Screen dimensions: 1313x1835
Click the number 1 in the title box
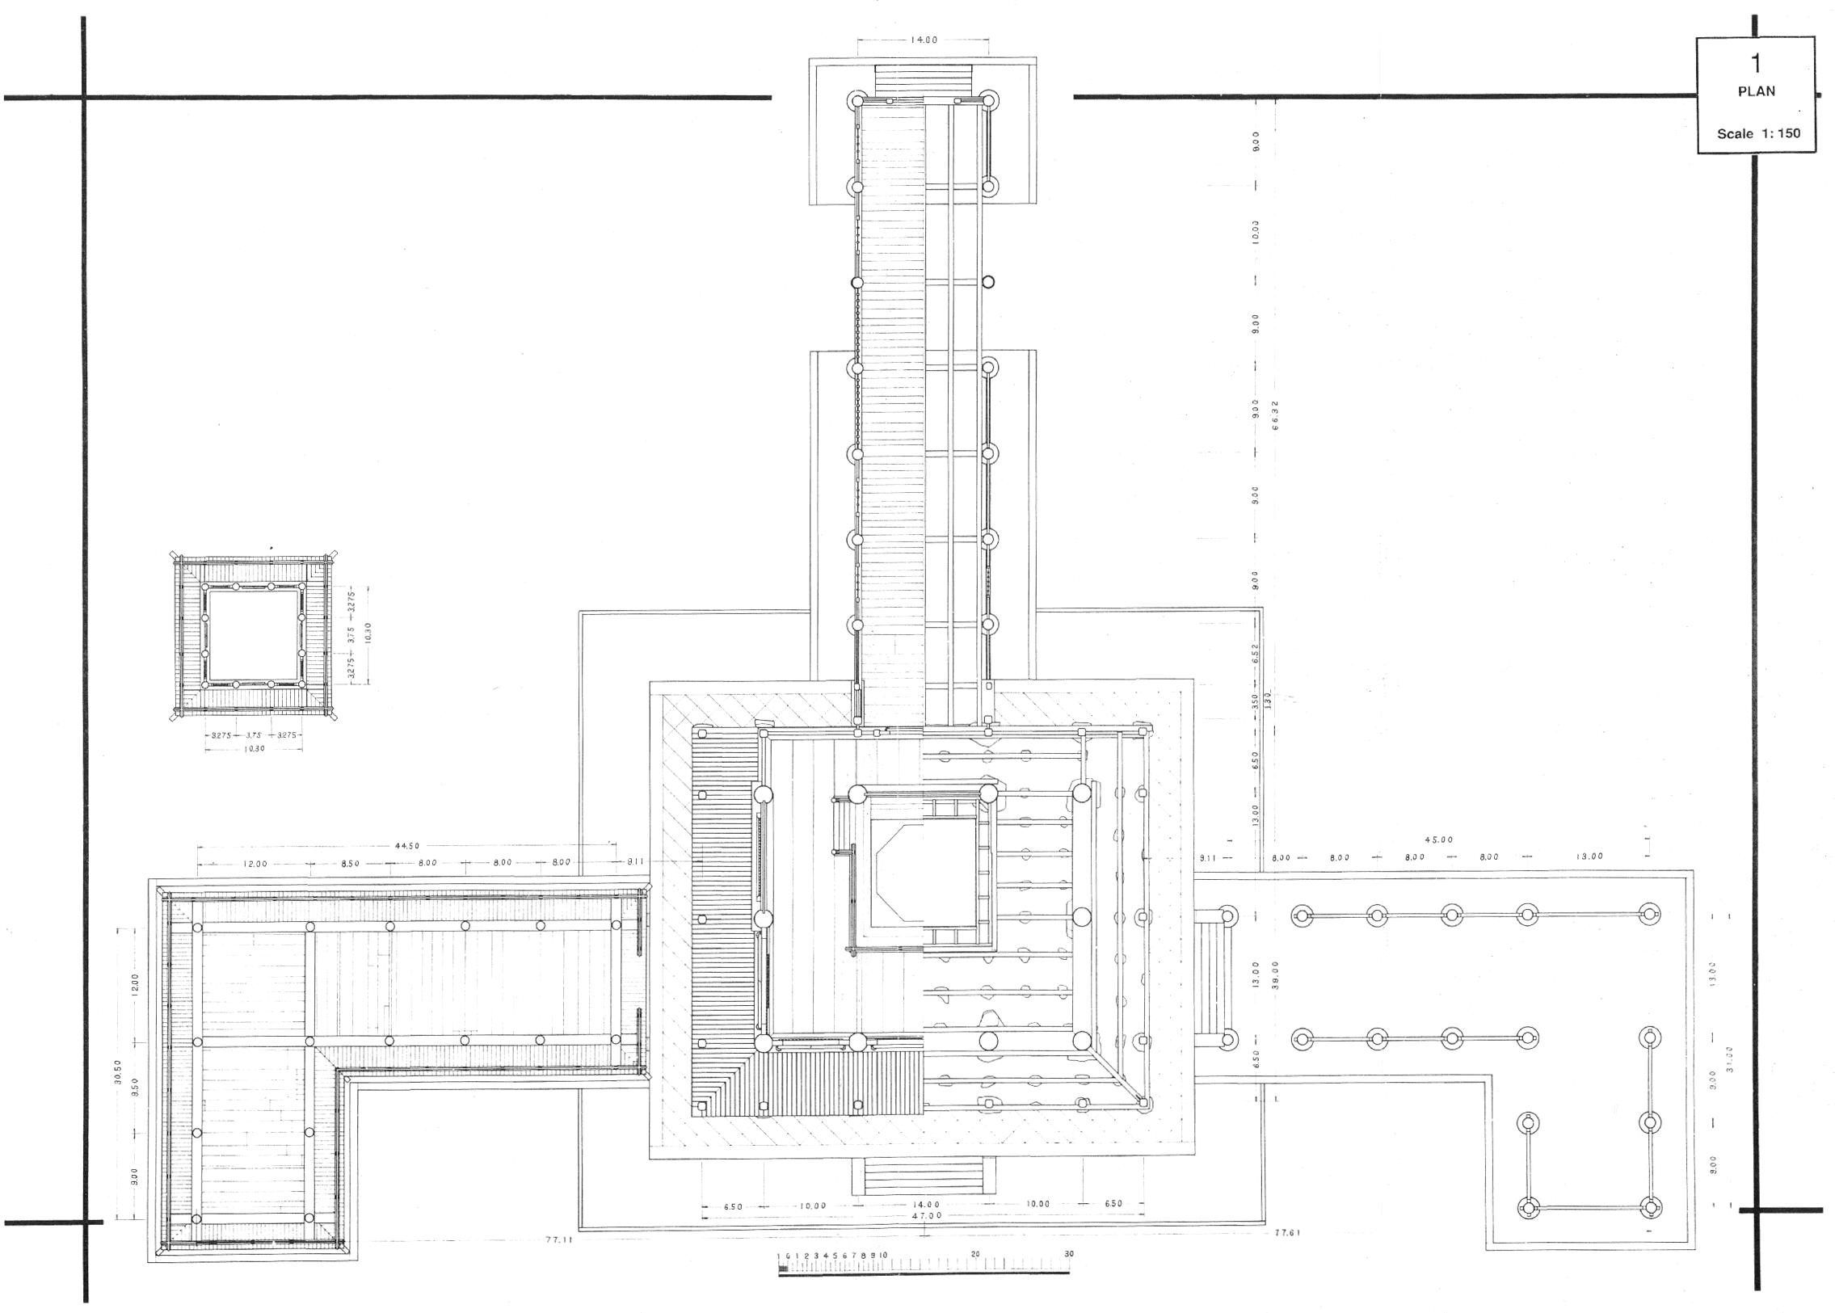[1755, 64]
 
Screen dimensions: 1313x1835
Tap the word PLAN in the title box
[1756, 91]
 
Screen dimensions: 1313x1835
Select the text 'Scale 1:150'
[1758, 133]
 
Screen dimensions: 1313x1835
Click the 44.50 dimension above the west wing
[407, 846]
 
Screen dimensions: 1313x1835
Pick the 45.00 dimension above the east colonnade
[1438, 840]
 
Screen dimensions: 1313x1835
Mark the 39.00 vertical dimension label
[1275, 974]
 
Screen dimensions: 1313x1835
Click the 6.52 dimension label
[1256, 652]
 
